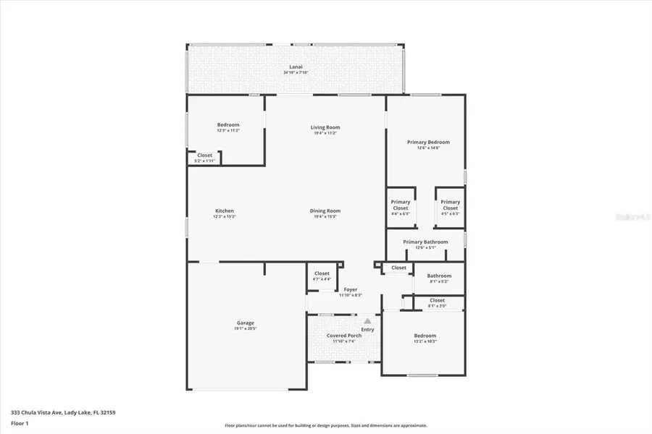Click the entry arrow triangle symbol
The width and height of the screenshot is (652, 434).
[x=367, y=320]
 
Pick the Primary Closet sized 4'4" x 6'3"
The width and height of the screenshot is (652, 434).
[x=401, y=208]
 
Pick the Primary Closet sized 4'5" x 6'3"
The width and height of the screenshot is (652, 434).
[x=450, y=208]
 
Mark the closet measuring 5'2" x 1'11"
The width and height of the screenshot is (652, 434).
[x=205, y=158]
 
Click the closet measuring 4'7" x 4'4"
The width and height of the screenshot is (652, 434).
[x=322, y=276]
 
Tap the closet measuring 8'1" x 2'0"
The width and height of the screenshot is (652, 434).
[x=438, y=302]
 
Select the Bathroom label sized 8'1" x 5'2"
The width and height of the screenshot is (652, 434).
[x=439, y=278]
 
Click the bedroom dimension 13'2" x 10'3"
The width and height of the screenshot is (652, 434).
[x=425, y=341]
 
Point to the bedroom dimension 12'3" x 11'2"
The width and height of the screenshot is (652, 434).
[x=228, y=131]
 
